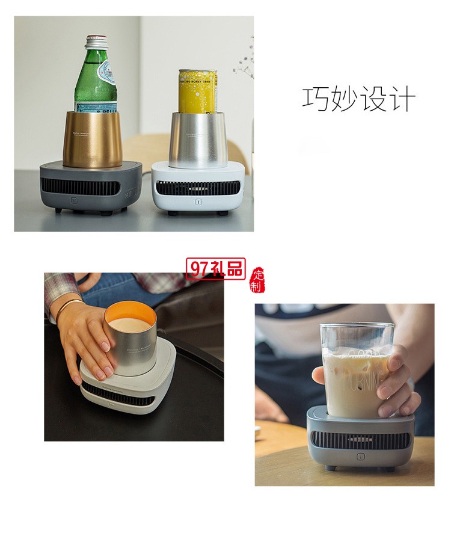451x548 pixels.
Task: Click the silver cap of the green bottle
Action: (96, 42)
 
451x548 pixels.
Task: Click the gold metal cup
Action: (93, 139)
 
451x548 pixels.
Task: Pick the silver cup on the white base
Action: (198, 140)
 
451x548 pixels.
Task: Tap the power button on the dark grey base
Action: (74, 200)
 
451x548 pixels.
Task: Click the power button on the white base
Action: (197, 202)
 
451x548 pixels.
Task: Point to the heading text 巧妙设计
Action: (358, 99)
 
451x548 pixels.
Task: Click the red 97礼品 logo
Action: (215, 269)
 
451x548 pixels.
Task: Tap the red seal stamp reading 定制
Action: (258, 280)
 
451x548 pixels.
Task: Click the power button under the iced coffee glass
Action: (360, 457)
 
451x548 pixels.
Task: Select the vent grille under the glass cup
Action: (360, 440)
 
